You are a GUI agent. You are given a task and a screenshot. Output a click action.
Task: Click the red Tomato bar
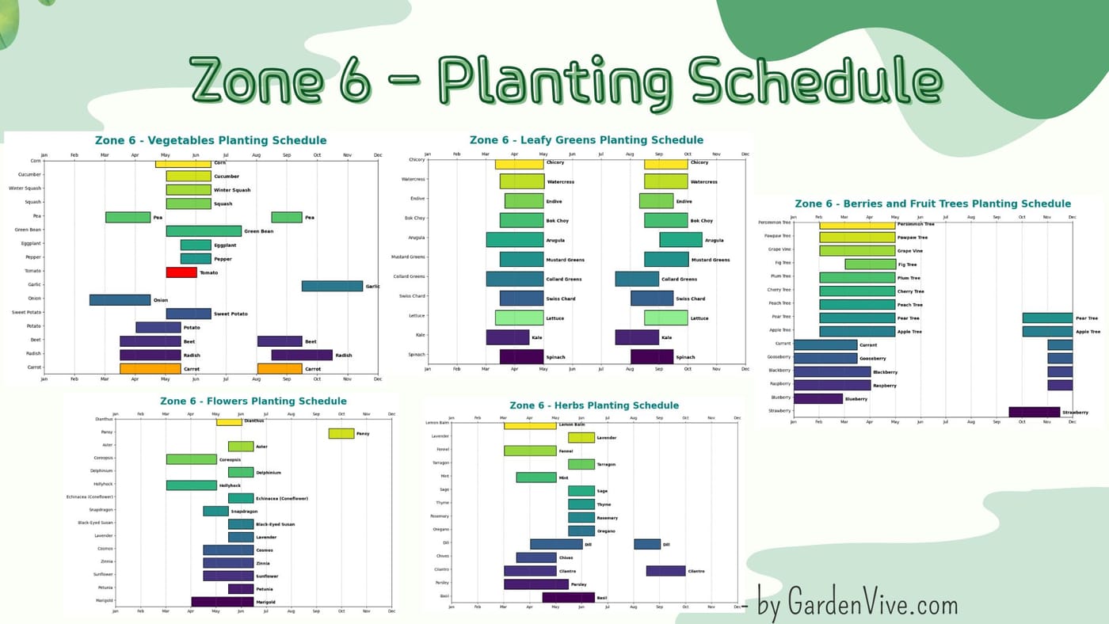coord(181,272)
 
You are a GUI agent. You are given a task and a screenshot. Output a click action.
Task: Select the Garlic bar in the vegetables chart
coord(332,286)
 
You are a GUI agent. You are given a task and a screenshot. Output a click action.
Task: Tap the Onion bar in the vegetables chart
coord(120,300)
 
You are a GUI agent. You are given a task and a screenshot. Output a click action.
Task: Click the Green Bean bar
coord(204,231)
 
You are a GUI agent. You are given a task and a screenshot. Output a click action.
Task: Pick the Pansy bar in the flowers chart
coord(341,433)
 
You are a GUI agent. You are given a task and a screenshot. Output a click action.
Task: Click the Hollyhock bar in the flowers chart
coord(191,485)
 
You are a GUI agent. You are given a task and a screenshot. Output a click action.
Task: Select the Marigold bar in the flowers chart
coord(223,602)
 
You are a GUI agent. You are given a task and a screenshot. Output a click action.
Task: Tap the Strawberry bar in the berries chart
coord(1034,412)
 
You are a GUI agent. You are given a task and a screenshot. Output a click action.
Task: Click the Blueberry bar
coord(818,398)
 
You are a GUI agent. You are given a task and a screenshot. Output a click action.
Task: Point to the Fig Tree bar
coord(870,264)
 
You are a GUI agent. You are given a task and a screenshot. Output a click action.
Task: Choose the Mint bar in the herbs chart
coord(536,478)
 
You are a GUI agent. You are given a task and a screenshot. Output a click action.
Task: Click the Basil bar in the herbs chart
coord(568,597)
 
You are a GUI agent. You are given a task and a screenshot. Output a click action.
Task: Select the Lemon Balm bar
coord(530,425)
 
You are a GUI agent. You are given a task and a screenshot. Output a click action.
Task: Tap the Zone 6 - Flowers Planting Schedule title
coord(253,401)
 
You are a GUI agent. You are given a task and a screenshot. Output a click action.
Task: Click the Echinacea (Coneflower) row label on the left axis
coord(90,497)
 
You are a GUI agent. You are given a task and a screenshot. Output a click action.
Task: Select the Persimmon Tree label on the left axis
coord(774,223)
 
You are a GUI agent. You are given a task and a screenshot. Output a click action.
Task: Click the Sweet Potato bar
coord(189,314)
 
